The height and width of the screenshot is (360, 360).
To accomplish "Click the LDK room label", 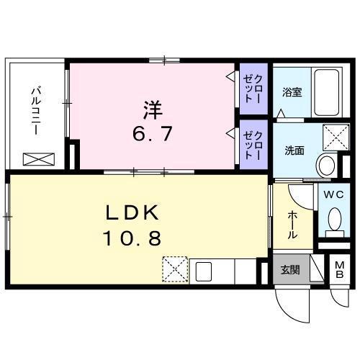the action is coord(132,212).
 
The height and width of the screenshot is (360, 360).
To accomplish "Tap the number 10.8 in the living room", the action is coord(132,238).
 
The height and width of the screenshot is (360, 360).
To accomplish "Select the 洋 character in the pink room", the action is coord(153,110).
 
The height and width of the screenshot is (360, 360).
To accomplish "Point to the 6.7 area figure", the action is coord(153,134).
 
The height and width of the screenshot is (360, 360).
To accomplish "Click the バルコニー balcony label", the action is coord(37,112).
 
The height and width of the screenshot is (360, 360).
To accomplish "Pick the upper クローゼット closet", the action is coord(253,89).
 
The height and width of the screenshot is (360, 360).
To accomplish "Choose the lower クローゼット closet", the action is coord(253,145).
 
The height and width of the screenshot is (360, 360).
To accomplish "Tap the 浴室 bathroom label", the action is coord(292,92).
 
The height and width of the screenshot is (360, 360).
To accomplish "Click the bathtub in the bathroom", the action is coord(327,92).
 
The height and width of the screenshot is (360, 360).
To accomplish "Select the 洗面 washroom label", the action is coord(294,150).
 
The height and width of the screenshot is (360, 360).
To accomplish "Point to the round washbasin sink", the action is coord(326,165).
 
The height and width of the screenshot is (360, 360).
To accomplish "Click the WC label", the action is coord(333,195).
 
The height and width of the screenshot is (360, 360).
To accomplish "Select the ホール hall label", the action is coord(292,225).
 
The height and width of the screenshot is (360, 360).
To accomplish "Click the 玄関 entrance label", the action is coord(290,270).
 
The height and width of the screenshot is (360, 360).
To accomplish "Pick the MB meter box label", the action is coord(339,270).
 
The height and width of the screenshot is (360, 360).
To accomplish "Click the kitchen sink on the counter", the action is coord(204,271).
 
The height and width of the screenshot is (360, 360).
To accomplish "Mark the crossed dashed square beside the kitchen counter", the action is coord(175,269).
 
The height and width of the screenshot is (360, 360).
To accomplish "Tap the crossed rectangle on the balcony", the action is coord(39,159).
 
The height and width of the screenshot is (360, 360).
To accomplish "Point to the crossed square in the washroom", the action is coord(336,138).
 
